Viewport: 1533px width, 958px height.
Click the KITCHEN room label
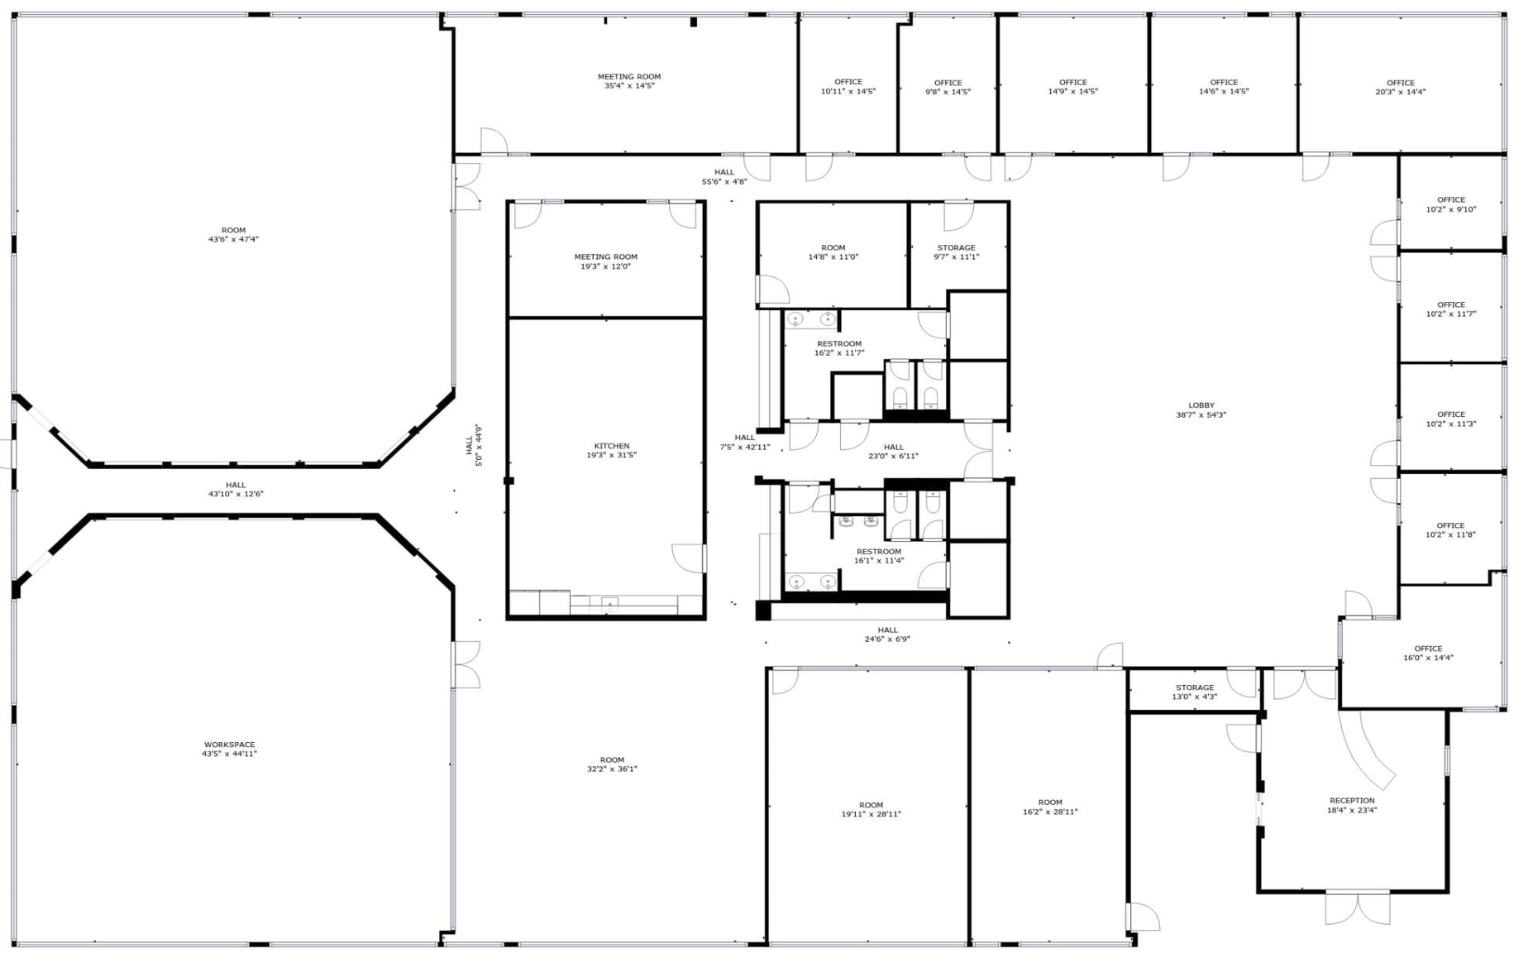[611, 450]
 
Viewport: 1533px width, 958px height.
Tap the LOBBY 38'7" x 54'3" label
[1201, 410]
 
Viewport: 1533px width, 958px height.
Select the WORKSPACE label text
[229, 749]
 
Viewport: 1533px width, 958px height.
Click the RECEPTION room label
[1352, 805]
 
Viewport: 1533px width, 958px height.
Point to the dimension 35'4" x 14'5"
[628, 86]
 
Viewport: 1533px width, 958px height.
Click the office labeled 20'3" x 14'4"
[1400, 87]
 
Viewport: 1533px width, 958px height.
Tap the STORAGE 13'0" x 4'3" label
[1194, 692]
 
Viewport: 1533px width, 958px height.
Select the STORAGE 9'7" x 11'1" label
[956, 252]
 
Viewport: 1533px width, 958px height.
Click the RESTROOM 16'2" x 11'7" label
[838, 348]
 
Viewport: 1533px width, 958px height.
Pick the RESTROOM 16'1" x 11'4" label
[878, 556]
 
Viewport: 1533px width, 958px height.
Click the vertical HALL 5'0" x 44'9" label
[474, 445]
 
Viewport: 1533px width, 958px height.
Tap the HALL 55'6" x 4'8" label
[724, 177]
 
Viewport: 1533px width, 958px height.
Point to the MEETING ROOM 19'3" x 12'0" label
[605, 261]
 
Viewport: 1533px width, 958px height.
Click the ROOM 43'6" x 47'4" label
[233, 235]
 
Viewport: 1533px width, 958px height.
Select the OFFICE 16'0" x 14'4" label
[1427, 654]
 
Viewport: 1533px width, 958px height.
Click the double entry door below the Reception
[1357, 907]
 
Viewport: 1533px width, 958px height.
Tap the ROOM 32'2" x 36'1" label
[612, 764]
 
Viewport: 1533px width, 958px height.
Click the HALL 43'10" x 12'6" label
[236, 490]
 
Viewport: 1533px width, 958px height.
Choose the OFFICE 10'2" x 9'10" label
[1450, 204]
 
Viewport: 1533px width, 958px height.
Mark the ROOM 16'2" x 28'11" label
[1049, 807]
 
